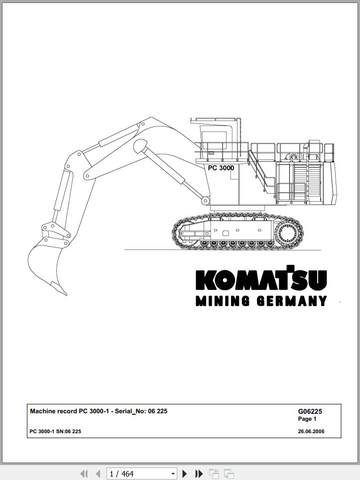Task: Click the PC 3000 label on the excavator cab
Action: click(x=221, y=168)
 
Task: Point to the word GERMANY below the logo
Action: click(x=292, y=301)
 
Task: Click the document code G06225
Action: click(x=310, y=412)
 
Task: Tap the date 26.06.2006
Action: click(x=311, y=432)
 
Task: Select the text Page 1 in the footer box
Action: click(x=307, y=419)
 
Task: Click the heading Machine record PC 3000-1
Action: click(x=69, y=411)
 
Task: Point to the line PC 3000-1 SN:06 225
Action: click(x=55, y=432)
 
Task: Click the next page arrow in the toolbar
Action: click(x=184, y=474)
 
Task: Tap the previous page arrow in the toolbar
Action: click(x=98, y=474)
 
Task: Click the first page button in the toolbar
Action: click(x=84, y=474)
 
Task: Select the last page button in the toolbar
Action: click(x=199, y=474)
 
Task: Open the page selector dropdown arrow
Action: click(x=173, y=474)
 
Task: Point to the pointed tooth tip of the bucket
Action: click(x=66, y=294)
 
